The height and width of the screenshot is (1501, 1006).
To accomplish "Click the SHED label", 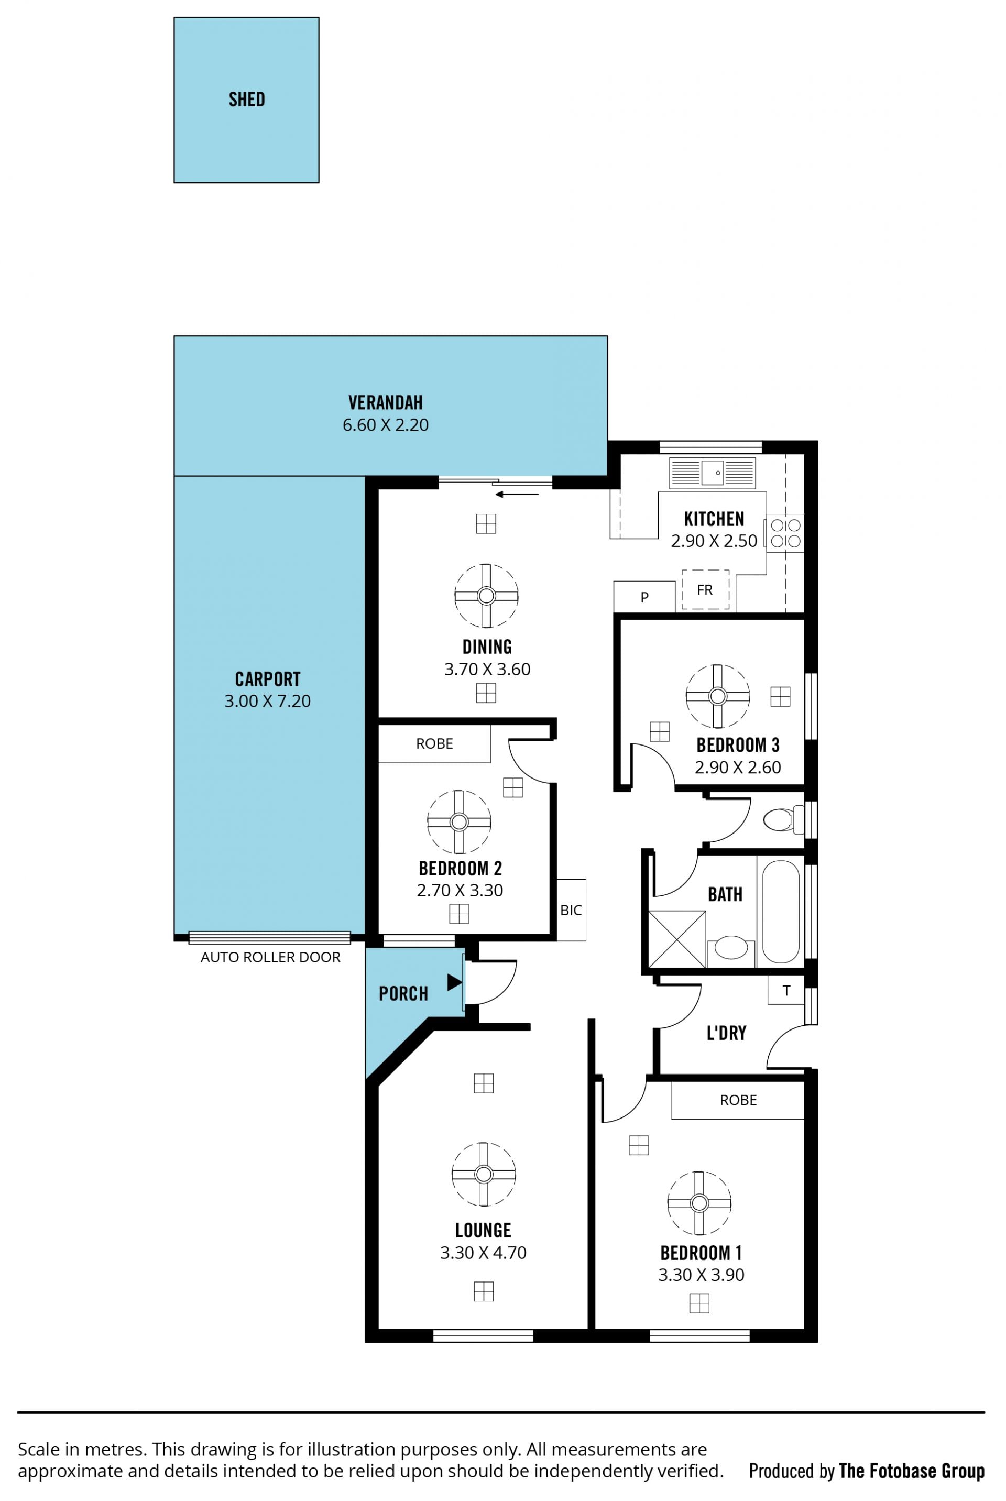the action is pos(246,100).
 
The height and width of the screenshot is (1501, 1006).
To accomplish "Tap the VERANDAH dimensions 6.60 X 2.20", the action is pos(385,425).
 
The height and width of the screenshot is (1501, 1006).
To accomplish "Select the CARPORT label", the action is pos(268,678).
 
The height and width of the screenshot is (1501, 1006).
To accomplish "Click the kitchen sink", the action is pos(712,474).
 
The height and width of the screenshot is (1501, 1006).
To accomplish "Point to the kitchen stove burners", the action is pos(785,533).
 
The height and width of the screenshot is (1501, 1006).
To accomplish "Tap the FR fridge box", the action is pos(705,589).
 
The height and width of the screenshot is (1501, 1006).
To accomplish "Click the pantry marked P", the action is pos(644,597).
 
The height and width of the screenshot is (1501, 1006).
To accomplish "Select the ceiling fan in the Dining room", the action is pos(486,596).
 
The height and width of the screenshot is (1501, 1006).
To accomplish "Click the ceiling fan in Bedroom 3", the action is pos(717,696).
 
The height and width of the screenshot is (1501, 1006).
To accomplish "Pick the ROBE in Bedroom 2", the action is pos(434,743).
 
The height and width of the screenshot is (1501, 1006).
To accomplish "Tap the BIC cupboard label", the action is pos(571,910).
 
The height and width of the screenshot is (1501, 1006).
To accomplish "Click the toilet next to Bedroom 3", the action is pos(783,820).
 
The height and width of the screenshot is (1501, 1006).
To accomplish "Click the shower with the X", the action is pos(677,939).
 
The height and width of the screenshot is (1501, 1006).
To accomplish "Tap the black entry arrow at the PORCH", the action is pos(454,982).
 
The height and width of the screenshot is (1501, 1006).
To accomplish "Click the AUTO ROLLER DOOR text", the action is pos(270,957).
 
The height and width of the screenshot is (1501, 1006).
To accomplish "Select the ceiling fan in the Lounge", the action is pos(484,1174).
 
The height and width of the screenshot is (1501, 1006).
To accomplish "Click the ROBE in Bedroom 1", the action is pos(738,1100).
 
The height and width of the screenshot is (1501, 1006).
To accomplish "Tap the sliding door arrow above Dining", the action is pos(517,495).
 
